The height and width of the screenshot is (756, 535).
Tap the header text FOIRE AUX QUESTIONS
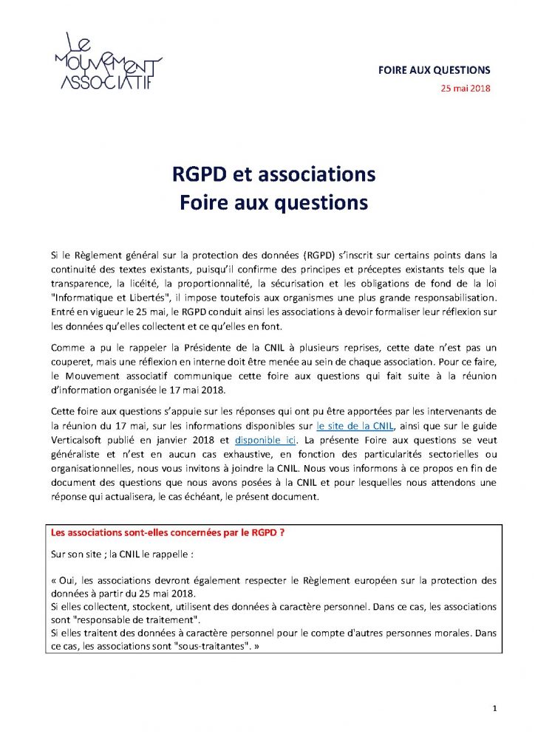(435, 71)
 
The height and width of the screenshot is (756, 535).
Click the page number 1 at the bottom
(494, 709)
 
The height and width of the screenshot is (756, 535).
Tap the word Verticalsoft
(80, 440)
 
